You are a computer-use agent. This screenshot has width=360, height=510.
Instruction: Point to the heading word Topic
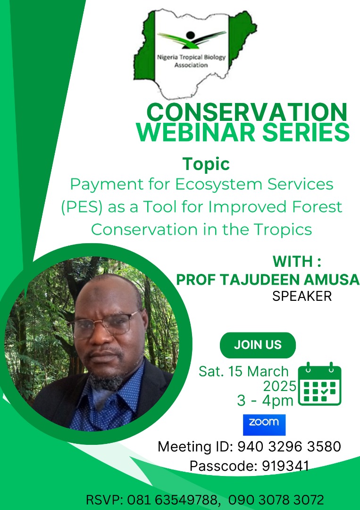pyautogui.click(x=206, y=164)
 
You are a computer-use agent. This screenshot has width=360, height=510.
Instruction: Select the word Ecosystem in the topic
pyautogui.click(x=215, y=184)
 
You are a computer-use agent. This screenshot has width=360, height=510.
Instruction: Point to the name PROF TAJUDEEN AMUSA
pyautogui.click(x=268, y=280)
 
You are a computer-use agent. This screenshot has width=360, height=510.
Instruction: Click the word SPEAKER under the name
pyautogui.click(x=302, y=296)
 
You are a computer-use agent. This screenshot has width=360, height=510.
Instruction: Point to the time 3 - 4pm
pyautogui.click(x=265, y=401)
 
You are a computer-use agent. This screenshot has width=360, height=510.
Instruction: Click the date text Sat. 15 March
pyautogui.click(x=243, y=371)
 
